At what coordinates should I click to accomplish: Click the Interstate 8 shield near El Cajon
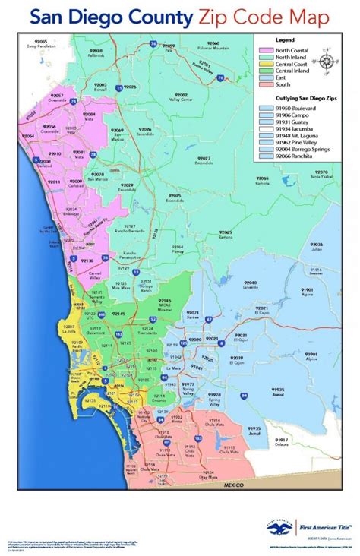tap(220, 343)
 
